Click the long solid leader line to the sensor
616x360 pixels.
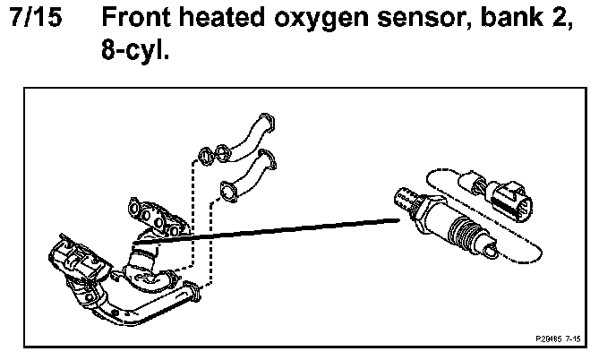coord(269,228)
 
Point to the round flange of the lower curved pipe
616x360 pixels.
coord(228,189)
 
